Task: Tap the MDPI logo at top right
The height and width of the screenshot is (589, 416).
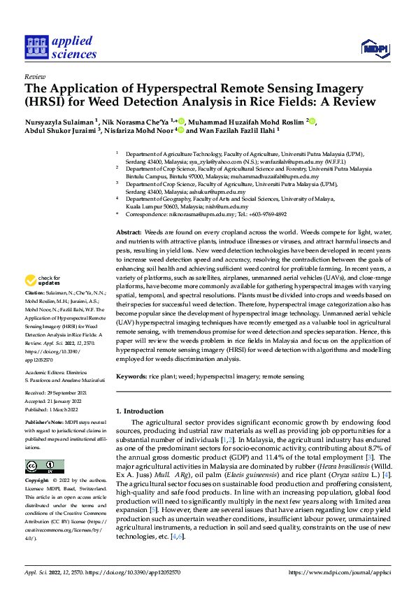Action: pyautogui.click(x=375, y=48)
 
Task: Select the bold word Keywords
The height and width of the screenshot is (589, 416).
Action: pyautogui.click(x=130, y=376)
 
